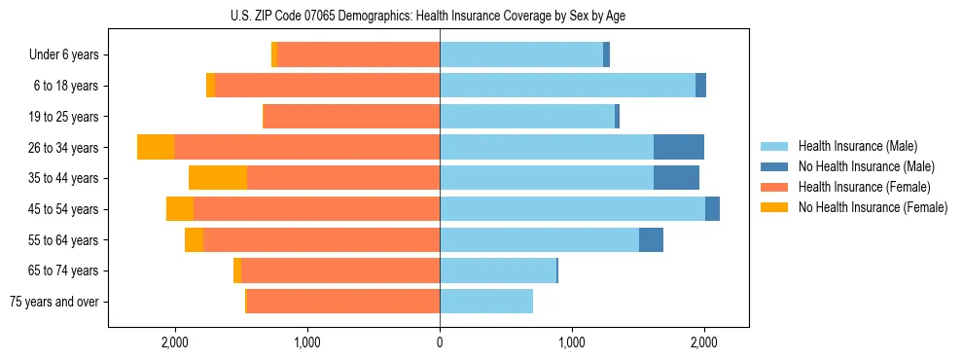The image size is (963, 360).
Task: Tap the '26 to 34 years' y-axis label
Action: pyautogui.click(x=64, y=148)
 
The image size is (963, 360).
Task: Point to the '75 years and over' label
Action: pyautogui.click(x=54, y=302)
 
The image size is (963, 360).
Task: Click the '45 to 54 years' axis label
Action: pyautogui.click(x=64, y=209)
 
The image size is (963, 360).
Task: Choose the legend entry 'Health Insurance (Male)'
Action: pyautogui.click(x=856, y=146)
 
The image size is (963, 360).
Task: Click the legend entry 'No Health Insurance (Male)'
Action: pyautogui.click(x=866, y=166)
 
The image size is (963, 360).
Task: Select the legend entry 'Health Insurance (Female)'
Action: pyautogui.click(x=863, y=187)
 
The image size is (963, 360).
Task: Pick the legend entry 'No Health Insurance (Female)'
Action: pyautogui.click(x=873, y=207)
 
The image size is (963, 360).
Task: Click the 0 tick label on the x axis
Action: pyautogui.click(x=440, y=342)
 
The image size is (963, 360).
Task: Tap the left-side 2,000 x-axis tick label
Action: pyautogui.click(x=175, y=342)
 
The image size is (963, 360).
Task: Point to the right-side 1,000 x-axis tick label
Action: pyautogui.click(x=572, y=342)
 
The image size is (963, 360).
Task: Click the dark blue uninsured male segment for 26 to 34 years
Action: pyautogui.click(x=679, y=147)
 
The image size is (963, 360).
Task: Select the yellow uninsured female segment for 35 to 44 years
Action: pyautogui.click(x=218, y=178)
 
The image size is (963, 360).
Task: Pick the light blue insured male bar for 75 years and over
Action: pyautogui.click(x=486, y=302)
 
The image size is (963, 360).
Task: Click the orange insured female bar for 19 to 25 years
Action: pyautogui.click(x=352, y=117)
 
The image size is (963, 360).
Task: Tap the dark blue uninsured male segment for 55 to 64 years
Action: pyautogui.click(x=651, y=239)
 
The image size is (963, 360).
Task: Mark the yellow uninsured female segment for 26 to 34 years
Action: pyautogui.click(x=156, y=147)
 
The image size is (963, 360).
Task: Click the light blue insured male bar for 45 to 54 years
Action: pyautogui.click(x=572, y=209)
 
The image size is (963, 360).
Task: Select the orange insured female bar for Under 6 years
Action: pyautogui.click(x=358, y=55)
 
